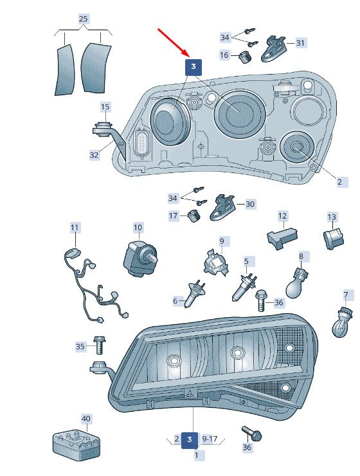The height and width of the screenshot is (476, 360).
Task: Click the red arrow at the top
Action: click(x=174, y=42)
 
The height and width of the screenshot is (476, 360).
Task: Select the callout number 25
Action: click(x=83, y=19)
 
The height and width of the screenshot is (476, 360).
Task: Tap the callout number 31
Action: click(x=300, y=43)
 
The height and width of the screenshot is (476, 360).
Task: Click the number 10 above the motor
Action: click(x=138, y=227)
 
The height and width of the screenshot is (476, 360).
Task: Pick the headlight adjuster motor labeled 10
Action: click(x=140, y=258)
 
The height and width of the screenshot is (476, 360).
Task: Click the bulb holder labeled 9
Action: click(x=215, y=262)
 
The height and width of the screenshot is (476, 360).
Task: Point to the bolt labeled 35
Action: click(x=99, y=345)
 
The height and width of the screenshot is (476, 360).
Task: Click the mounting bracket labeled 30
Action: click(x=222, y=208)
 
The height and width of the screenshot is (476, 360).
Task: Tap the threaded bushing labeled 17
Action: click(x=194, y=216)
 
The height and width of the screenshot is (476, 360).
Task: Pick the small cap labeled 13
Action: click(x=333, y=239)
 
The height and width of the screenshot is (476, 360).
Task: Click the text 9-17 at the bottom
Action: click(x=210, y=439)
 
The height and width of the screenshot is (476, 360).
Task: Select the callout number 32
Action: click(x=94, y=155)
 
